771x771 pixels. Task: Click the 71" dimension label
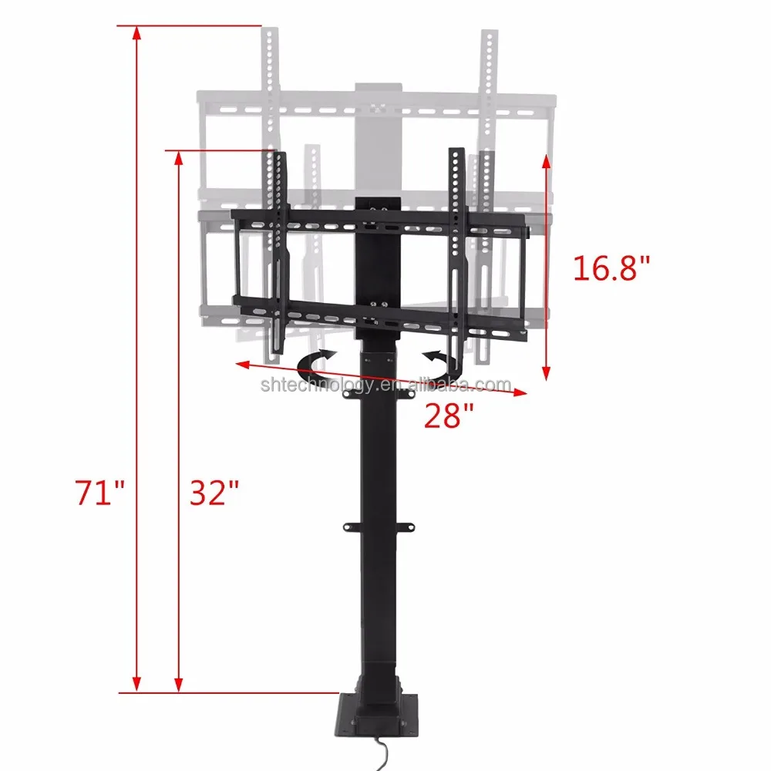(99, 492)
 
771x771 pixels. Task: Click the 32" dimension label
(214, 492)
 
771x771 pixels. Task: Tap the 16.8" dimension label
(611, 268)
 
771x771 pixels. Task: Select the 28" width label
(449, 416)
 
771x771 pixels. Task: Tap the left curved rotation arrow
(315, 365)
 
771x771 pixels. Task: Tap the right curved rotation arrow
(443, 365)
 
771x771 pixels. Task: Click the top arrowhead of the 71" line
(137, 32)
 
